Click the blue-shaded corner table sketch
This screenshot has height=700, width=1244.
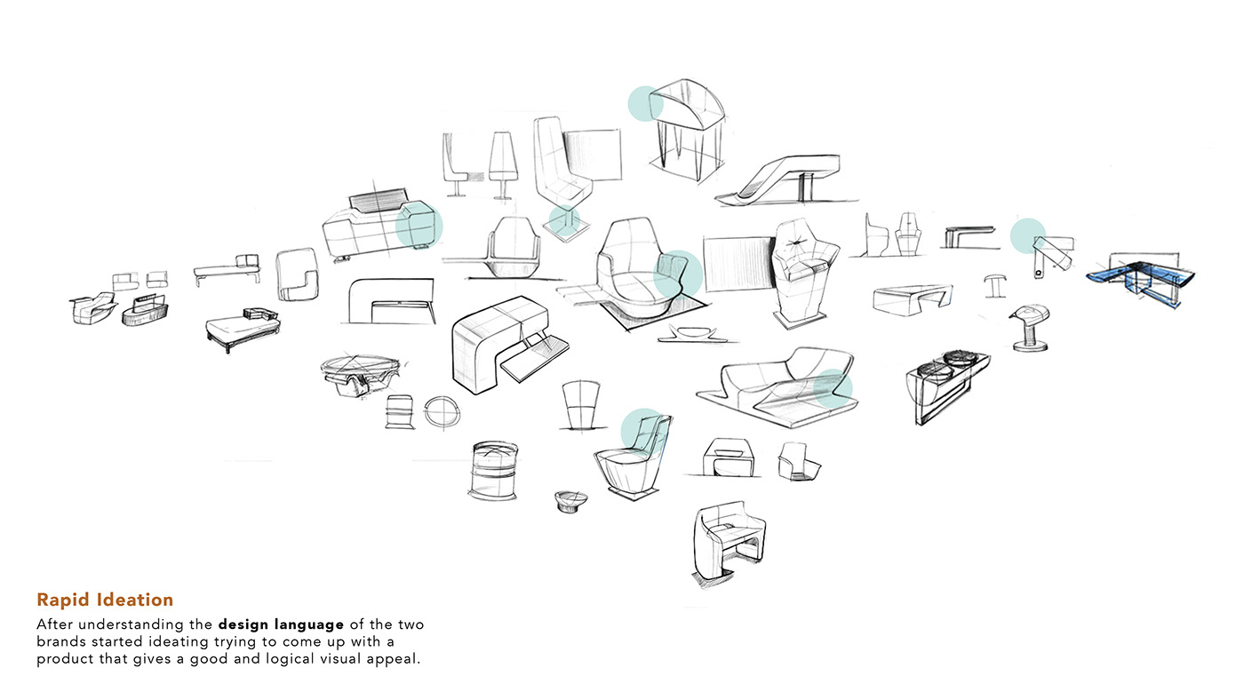[1142, 277]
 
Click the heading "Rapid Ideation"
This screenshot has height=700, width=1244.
[105, 601]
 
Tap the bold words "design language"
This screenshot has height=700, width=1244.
[281, 624]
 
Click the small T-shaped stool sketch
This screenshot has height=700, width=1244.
[995, 285]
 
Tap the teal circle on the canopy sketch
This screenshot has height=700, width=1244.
[645, 104]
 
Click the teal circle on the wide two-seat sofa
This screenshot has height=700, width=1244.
[833, 388]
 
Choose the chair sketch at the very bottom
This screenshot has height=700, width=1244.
[728, 542]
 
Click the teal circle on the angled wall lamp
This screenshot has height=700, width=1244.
[1028, 236]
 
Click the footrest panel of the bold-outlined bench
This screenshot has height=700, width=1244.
[533, 355]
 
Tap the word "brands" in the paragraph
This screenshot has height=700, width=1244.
[63, 641]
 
